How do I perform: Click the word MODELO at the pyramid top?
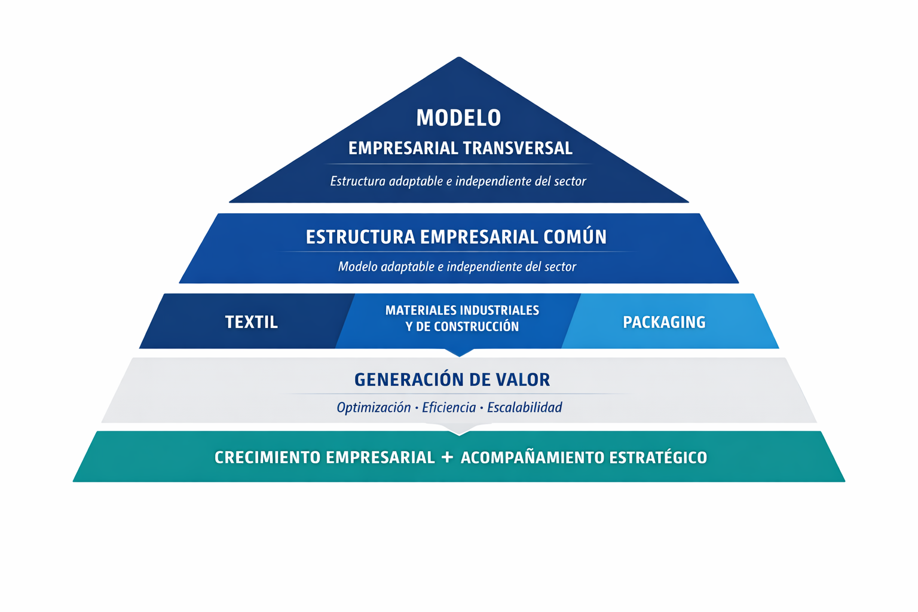(x=458, y=118)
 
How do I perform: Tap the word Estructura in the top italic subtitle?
(x=357, y=181)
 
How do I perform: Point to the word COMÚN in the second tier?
(x=575, y=237)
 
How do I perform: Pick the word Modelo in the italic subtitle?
(x=357, y=267)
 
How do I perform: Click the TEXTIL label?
(x=251, y=322)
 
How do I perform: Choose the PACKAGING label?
(x=664, y=322)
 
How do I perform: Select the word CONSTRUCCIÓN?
(x=481, y=327)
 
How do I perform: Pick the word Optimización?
(x=374, y=408)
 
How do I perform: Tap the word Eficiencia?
(x=449, y=408)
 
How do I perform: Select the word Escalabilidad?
(x=524, y=408)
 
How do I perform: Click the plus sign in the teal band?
(x=447, y=457)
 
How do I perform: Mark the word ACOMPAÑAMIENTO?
(x=531, y=458)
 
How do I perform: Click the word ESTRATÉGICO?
(x=658, y=458)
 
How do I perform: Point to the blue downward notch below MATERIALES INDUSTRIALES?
(x=459, y=352)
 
